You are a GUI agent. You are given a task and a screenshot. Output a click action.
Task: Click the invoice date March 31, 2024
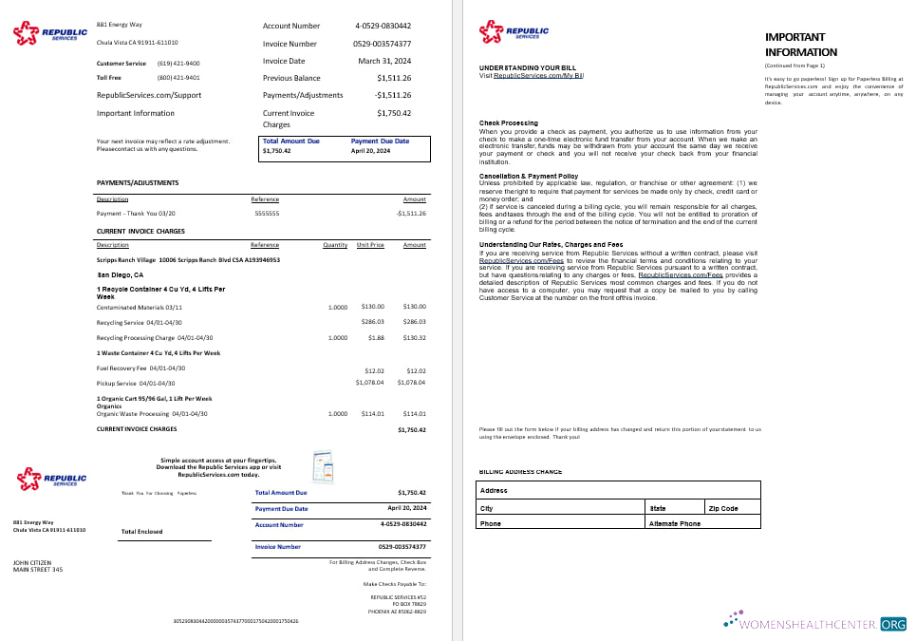point(384,61)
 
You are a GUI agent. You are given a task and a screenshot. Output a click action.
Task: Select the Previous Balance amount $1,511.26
point(393,78)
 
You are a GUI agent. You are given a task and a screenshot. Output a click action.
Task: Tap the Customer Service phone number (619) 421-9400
point(178,63)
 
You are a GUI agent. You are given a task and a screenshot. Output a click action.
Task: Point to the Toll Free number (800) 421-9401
point(178,78)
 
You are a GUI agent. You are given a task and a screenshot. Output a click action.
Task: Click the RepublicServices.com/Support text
point(149,95)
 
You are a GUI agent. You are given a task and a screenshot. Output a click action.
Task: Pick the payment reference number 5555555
point(267,214)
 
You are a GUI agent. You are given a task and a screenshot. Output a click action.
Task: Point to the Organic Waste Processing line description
point(152,414)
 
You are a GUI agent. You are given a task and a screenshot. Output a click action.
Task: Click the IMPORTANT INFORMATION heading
point(801,45)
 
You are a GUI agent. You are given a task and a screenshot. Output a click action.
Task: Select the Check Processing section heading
point(508,123)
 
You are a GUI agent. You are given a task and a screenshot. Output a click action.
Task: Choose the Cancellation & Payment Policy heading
point(529,176)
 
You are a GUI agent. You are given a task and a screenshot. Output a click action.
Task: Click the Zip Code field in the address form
point(731,508)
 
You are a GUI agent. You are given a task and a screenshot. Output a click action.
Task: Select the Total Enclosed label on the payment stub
point(142,532)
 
